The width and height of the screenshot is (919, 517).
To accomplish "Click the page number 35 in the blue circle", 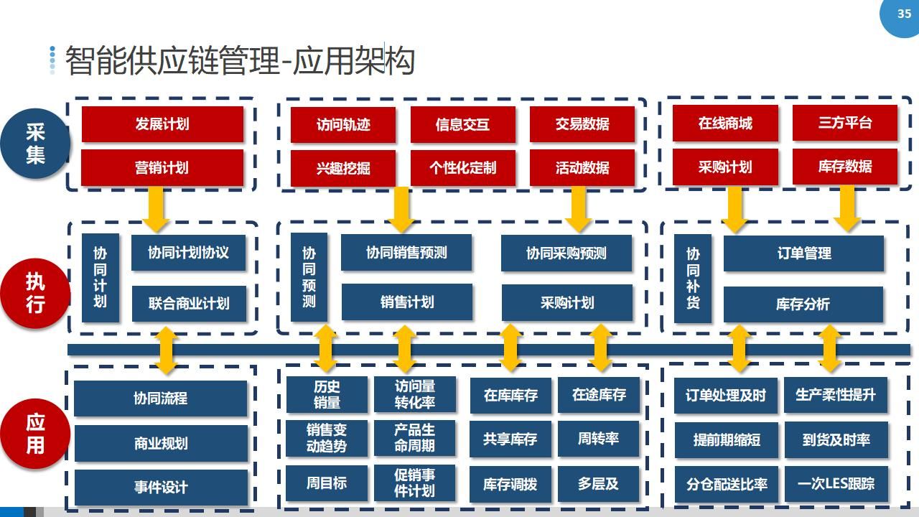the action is [x=904, y=14].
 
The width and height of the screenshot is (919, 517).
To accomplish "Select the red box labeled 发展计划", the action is [x=162, y=124].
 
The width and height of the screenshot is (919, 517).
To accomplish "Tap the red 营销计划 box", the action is [x=162, y=167].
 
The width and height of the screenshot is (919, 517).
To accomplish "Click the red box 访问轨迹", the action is [x=343, y=125].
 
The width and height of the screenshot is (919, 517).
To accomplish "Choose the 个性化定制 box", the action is [x=463, y=168].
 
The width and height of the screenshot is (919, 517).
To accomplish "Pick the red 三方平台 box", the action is [x=845, y=123].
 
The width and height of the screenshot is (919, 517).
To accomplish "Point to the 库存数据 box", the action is [x=845, y=167].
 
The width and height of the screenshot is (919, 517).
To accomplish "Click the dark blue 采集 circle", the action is [x=35, y=143].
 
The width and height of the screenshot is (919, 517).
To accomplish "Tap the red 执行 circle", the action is [x=35, y=293].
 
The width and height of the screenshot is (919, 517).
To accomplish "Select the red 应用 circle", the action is [x=35, y=434].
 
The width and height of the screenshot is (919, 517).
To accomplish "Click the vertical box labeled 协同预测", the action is [x=309, y=277].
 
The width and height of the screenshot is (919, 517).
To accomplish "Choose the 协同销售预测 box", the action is [x=406, y=252].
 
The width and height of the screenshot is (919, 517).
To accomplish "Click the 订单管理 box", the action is [x=803, y=253].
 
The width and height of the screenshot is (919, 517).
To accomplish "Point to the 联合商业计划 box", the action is [x=189, y=304].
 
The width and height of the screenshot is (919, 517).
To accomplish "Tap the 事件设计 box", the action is [x=161, y=487].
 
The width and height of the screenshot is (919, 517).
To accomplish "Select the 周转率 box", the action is [x=598, y=439].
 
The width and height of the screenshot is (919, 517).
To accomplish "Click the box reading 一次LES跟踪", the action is [x=836, y=484].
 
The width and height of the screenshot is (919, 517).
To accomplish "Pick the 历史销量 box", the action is [x=327, y=394].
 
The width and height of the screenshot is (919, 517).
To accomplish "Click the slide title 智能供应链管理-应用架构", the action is [x=240, y=61].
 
